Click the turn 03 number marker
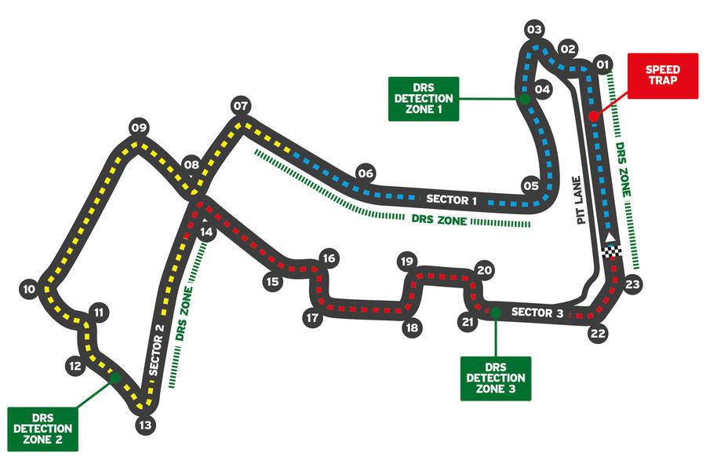[534, 30]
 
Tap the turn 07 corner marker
[241, 106]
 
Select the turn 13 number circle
[145, 425]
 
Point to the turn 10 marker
[29, 289]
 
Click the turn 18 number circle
[412, 327]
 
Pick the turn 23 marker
[632, 284]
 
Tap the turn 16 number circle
[329, 258]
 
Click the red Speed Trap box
[663, 75]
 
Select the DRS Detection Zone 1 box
[424, 99]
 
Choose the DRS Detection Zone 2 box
[43, 429]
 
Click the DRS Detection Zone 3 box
[496, 378]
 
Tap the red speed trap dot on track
[594, 116]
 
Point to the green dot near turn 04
[524, 99]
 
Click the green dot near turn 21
[496, 312]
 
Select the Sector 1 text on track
[451, 199]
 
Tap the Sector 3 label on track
[537, 312]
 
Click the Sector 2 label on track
[156, 349]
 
